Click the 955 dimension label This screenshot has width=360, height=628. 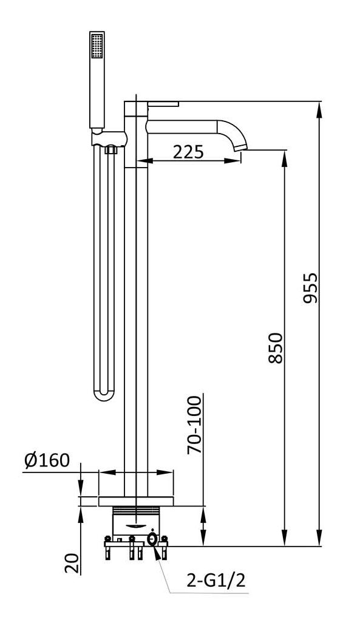click(x=310, y=288)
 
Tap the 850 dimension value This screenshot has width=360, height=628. click(x=276, y=347)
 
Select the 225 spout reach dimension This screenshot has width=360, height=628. click(x=189, y=152)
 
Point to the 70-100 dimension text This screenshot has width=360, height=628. click(x=194, y=425)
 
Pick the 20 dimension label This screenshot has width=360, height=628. click(x=71, y=563)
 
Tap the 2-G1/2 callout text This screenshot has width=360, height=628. click(x=216, y=580)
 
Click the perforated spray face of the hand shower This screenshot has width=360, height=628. click(x=97, y=46)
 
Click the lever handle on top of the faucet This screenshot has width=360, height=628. click(x=163, y=104)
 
